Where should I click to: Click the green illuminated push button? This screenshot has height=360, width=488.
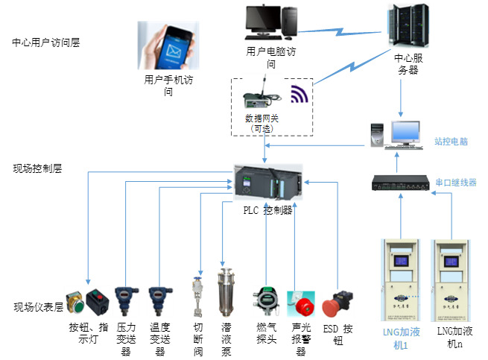click(x=76, y=304)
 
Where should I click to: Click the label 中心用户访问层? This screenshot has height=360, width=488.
click(x=45, y=42)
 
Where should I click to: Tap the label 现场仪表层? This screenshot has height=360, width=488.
click(x=37, y=307)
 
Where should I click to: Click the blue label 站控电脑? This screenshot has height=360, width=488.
click(x=451, y=141)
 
